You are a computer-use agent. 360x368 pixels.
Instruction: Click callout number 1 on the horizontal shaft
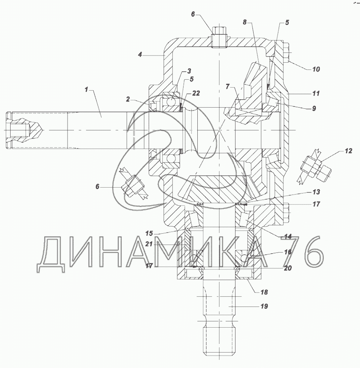86,89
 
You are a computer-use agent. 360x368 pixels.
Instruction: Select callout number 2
128,99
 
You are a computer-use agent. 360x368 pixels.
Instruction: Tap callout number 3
189,71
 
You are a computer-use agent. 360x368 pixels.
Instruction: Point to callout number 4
140,55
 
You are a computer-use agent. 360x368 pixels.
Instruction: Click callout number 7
228,86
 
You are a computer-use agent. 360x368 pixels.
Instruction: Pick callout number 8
245,22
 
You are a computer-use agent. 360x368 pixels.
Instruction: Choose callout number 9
314,108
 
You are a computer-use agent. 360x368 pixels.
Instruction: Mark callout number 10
316,69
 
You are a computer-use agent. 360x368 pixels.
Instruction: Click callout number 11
316,93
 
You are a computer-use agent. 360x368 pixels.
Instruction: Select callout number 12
349,151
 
